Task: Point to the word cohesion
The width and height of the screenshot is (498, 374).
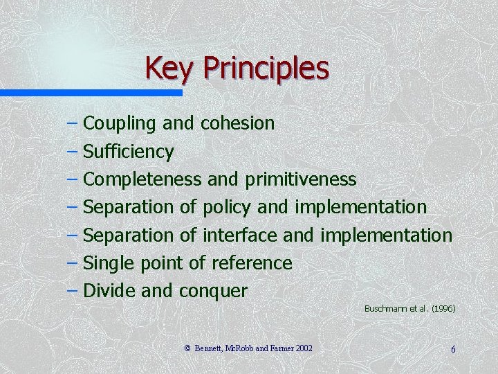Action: pyautogui.click(x=237, y=123)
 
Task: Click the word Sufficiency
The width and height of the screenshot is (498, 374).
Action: pyautogui.click(x=128, y=152)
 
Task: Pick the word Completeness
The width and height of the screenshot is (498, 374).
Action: pyautogui.click(x=142, y=179)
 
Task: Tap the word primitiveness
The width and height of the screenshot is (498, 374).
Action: pyautogui.click(x=300, y=179)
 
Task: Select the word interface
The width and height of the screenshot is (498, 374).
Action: pyautogui.click(x=240, y=235)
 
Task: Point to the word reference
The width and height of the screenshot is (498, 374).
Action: pyautogui.click(x=252, y=263)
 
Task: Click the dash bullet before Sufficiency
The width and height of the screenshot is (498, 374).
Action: pyautogui.click(x=73, y=150)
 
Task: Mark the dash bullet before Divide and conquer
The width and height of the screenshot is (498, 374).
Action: pyautogui.click(x=73, y=290)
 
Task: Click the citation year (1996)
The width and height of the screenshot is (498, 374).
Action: pyautogui.click(x=443, y=308)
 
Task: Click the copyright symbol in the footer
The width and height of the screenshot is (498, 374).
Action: pyautogui.click(x=187, y=348)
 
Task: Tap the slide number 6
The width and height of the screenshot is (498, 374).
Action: pyautogui.click(x=453, y=349)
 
